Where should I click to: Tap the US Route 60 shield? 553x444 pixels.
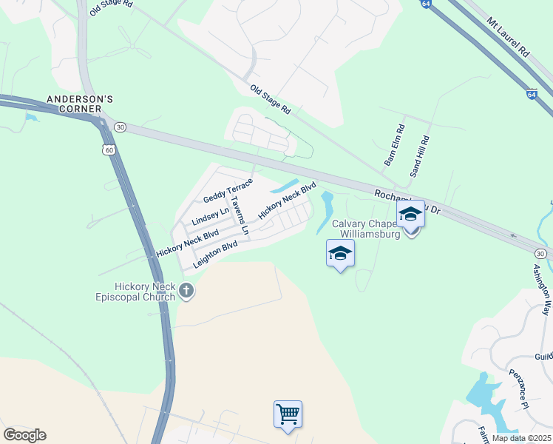[x=109, y=150]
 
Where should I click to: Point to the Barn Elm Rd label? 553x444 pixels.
[x=393, y=144]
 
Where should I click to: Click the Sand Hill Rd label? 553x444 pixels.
[x=419, y=155]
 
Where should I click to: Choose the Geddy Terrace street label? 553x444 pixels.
[x=228, y=192]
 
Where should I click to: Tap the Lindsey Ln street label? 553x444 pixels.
[x=210, y=216]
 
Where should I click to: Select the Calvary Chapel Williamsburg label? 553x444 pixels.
[x=366, y=229]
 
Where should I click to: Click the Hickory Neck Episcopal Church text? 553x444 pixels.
[x=144, y=292]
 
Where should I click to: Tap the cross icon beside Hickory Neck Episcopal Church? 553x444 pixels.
[x=186, y=292]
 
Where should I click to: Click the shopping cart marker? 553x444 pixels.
[x=288, y=414]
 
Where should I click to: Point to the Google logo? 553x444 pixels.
[x=24, y=435]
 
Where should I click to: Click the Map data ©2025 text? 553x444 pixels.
[x=521, y=438]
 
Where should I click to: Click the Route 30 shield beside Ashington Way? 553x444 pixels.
[x=540, y=254]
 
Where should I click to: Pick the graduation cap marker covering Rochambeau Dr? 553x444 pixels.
[x=410, y=215]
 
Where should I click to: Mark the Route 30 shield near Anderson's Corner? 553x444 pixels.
[x=121, y=127]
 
